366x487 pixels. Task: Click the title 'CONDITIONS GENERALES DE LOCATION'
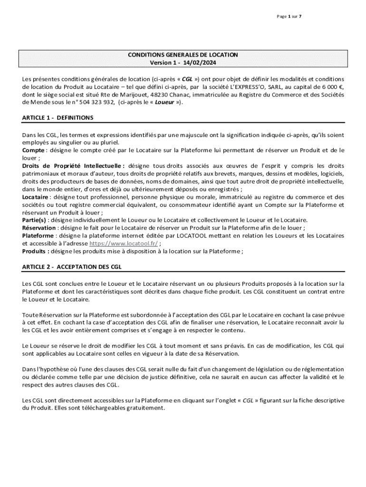point(183,55)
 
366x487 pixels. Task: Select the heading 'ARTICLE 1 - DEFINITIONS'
point(58,117)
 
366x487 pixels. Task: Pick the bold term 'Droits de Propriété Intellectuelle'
point(73,166)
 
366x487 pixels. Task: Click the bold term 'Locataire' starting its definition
point(35,197)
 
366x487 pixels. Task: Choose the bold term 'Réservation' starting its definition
point(39,227)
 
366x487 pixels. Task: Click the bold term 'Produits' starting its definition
point(35,251)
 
